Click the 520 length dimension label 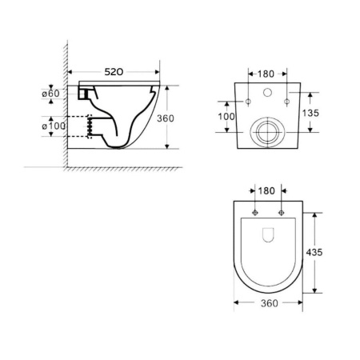[114, 72]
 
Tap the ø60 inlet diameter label [51, 94]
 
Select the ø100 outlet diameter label [54, 126]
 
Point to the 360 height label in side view [166, 118]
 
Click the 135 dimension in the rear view [310, 113]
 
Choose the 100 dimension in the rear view [226, 117]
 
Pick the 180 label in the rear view [266, 74]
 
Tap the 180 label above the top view [266, 191]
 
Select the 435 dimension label [314, 252]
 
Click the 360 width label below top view [270, 303]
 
